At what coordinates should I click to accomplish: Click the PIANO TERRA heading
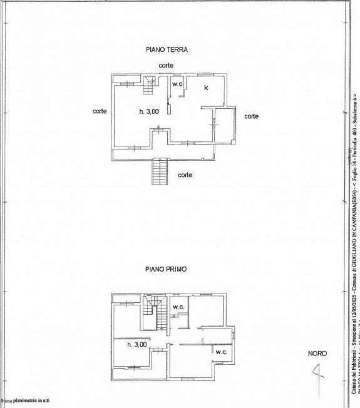click(x=167, y=49)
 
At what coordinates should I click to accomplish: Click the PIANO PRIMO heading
click(x=166, y=270)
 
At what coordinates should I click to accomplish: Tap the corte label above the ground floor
click(x=166, y=65)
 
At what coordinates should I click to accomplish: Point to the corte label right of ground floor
click(x=251, y=116)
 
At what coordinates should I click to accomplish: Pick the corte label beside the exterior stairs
click(x=185, y=175)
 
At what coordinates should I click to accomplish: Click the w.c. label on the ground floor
click(x=177, y=83)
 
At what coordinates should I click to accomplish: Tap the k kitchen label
click(x=206, y=88)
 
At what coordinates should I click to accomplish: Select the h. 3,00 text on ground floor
click(x=149, y=111)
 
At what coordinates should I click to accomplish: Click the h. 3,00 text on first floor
click(x=136, y=344)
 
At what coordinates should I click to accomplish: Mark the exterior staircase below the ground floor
click(x=161, y=171)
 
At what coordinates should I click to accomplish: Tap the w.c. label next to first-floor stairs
click(x=178, y=307)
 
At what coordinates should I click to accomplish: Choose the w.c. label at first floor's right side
click(x=221, y=352)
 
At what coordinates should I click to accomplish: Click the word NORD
click(x=317, y=354)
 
